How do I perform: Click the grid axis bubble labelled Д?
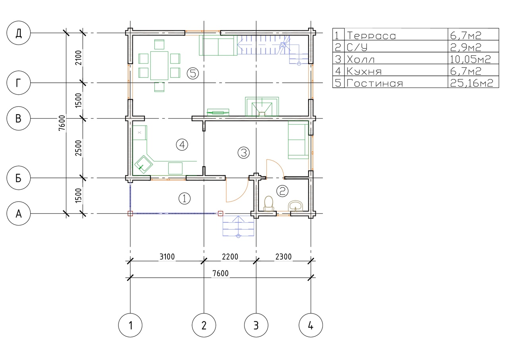pyautogui.click(x=18, y=33)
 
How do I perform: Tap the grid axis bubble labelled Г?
pyautogui.click(x=18, y=83)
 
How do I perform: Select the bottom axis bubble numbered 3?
pyautogui.click(x=256, y=325)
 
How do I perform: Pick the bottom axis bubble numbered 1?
pyautogui.click(x=130, y=325)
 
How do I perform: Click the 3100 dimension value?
pyautogui.click(x=167, y=257)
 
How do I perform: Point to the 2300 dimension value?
pyautogui.click(x=284, y=257)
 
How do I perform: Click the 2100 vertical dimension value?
pyautogui.click(x=78, y=58)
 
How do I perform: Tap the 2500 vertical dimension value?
pyautogui.click(x=78, y=148)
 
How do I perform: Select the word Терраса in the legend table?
pyautogui.click(x=371, y=36)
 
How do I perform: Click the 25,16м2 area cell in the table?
pyautogui.click(x=472, y=83)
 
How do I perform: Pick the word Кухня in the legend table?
pyautogui.click(x=364, y=71)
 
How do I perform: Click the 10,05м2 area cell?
pyautogui.click(x=470, y=59)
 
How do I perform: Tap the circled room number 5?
pyautogui.click(x=193, y=74)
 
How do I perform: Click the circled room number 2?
pyautogui.click(x=282, y=191)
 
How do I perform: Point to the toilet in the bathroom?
pyautogui.click(x=268, y=204)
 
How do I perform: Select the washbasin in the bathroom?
pyautogui.click(x=295, y=206)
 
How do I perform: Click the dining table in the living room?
pyautogui.click(x=159, y=66)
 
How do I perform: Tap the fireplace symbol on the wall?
pyautogui.click(x=262, y=107)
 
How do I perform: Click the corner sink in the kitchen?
pyautogui.click(x=144, y=164)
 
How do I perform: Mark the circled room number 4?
pyautogui.click(x=182, y=145)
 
